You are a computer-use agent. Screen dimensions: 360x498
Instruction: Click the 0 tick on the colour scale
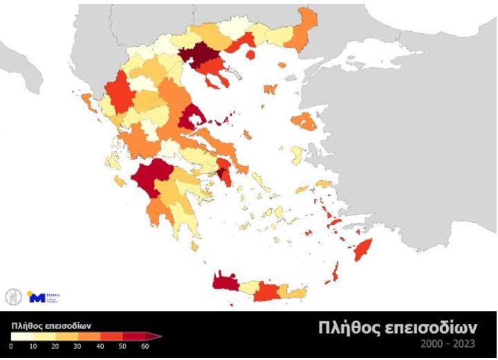(x=11, y=345)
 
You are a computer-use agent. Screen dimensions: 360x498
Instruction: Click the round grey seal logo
(x=13, y=296)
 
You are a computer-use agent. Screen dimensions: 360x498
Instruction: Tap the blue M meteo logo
(x=37, y=297)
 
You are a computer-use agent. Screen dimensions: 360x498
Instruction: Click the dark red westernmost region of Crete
(x=225, y=281)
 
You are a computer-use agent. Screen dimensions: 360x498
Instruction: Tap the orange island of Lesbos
(x=305, y=122)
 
